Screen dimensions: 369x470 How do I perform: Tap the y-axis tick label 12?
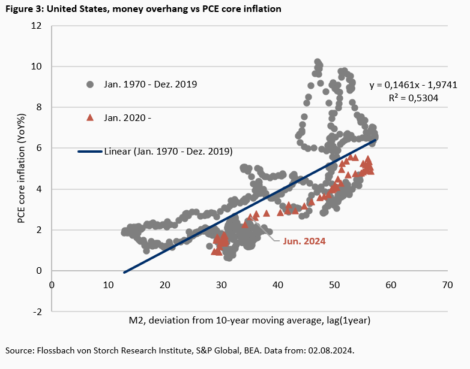(37, 26)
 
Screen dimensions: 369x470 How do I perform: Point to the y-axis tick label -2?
(38, 311)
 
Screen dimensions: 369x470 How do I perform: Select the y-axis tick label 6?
(39, 149)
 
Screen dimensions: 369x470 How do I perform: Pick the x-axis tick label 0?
(52, 285)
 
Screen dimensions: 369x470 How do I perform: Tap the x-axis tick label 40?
(277, 285)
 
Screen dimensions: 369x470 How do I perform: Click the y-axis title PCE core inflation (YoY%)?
(21, 169)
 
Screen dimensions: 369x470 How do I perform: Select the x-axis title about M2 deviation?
(250, 320)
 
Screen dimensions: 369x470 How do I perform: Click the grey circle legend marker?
(90, 84)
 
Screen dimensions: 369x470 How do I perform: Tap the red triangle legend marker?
(90, 117)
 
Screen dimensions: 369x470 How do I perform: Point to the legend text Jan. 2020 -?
(127, 117)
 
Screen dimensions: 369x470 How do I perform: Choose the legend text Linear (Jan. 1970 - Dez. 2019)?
(168, 151)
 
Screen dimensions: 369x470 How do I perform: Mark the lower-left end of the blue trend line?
(124, 273)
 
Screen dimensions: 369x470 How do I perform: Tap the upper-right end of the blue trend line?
(376, 140)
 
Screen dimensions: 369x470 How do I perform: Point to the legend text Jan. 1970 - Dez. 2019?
(150, 84)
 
